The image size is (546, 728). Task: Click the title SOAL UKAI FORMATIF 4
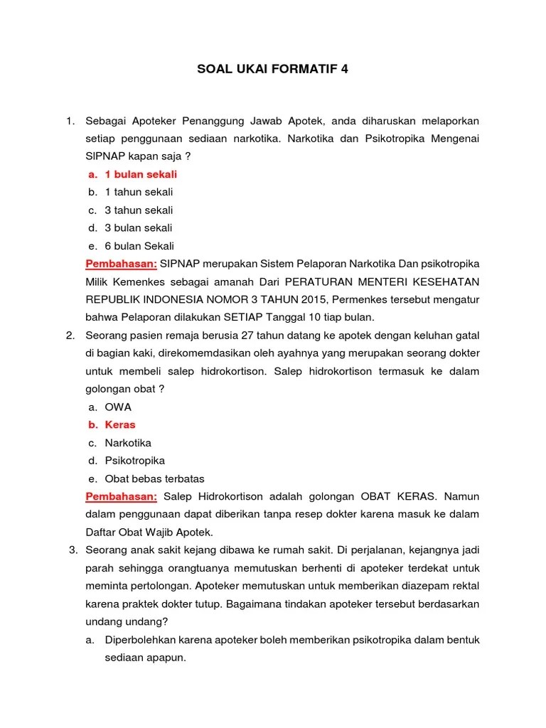click(273, 70)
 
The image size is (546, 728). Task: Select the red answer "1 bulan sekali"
click(141, 174)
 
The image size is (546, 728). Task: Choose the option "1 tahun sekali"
click(139, 192)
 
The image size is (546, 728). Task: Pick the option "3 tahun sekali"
click(139, 210)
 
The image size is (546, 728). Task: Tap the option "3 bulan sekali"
click(139, 227)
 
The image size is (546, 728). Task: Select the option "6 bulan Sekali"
click(139, 246)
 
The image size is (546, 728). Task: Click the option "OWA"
click(118, 407)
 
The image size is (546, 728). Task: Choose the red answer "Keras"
click(120, 424)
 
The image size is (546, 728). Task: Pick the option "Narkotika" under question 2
click(128, 442)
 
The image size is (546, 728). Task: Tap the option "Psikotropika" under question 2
click(134, 460)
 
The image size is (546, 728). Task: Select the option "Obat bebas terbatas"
click(154, 478)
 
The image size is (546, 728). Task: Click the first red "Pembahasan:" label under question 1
click(122, 264)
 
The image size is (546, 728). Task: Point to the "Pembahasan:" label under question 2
click(122, 496)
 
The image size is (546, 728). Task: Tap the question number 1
click(70, 121)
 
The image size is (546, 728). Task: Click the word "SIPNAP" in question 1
click(105, 156)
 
